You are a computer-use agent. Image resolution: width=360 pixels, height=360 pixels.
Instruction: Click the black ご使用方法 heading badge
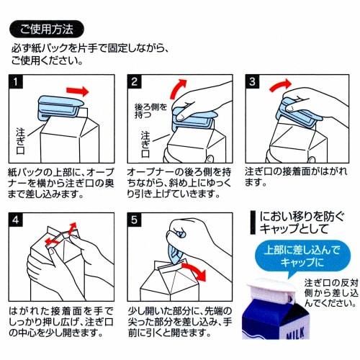(x=47, y=30)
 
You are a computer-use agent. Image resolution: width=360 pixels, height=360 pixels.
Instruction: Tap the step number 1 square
(x=16, y=81)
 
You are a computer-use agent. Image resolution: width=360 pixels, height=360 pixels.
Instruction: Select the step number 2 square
(x=134, y=81)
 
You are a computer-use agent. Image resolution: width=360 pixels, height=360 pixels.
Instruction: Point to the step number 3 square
(x=252, y=81)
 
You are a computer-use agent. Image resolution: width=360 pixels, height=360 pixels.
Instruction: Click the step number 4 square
(x=16, y=220)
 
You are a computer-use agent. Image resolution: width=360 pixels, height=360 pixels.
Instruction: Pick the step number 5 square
(x=134, y=220)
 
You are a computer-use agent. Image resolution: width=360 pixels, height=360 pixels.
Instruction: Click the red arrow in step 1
(x=78, y=91)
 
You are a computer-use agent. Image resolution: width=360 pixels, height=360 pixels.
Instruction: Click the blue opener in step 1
(x=60, y=107)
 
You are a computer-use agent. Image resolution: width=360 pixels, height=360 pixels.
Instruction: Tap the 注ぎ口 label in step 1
(x=20, y=141)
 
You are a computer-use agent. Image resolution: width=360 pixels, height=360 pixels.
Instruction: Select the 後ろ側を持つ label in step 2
(x=150, y=111)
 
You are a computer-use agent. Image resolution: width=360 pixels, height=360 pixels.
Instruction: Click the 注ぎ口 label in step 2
(x=145, y=144)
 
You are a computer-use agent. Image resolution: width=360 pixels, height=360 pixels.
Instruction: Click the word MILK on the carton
(x=295, y=333)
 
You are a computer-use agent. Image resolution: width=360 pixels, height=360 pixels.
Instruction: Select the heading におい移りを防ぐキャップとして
(x=302, y=222)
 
